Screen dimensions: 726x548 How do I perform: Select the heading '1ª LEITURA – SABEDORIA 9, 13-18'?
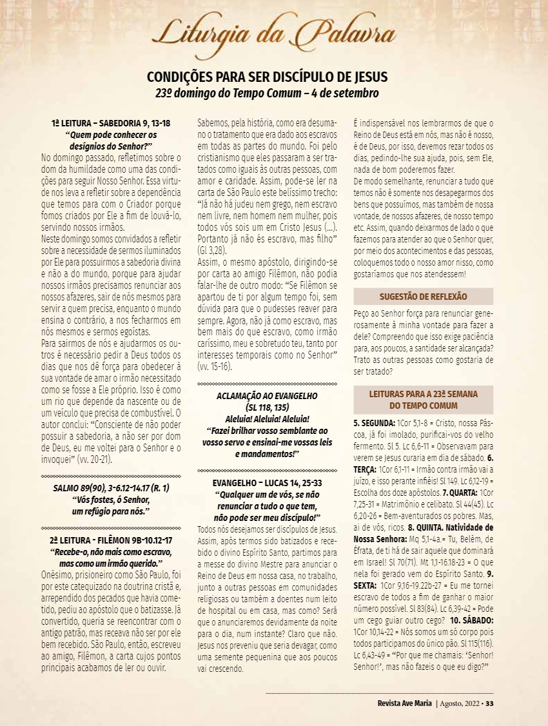tap(111, 124)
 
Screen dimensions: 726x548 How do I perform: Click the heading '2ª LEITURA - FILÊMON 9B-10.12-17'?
tap(111, 540)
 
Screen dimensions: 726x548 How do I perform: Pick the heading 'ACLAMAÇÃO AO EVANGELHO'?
tap(268, 397)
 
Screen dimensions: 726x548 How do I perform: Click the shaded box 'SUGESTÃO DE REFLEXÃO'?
tap(423, 297)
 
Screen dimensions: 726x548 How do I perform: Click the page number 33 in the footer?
tap(489, 703)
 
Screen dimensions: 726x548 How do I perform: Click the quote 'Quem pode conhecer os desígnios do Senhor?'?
tap(111, 141)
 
